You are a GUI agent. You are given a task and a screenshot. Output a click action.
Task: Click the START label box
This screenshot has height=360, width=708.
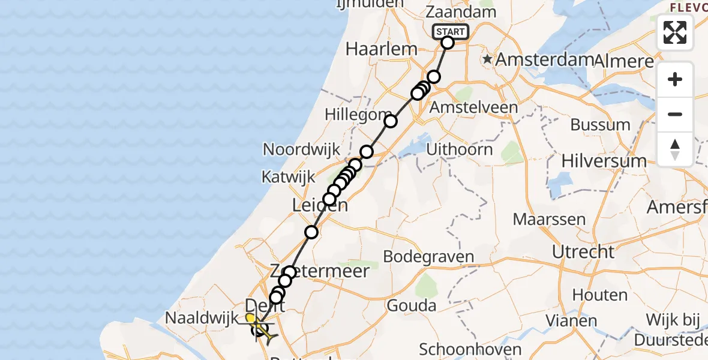[x=450, y=32]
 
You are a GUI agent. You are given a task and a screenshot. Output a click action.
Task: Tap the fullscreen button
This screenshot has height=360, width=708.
[x=675, y=32]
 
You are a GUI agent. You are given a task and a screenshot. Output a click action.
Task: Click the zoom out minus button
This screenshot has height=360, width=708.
[x=675, y=114]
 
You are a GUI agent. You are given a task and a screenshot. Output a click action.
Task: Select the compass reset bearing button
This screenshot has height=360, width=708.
[x=675, y=149]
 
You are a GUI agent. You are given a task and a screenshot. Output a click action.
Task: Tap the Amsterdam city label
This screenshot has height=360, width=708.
[x=544, y=60]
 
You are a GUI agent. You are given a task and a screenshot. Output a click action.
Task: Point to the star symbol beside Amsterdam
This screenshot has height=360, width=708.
[x=488, y=60]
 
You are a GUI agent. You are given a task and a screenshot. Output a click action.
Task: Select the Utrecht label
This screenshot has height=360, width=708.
[x=584, y=251]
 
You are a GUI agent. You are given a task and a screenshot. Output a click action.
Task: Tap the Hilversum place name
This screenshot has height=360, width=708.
[x=604, y=161]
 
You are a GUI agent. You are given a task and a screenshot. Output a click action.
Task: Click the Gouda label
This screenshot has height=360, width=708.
[x=412, y=305]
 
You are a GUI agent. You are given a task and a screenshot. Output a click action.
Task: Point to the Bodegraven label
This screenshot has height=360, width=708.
[x=428, y=257]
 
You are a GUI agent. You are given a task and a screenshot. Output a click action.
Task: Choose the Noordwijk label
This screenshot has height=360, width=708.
[x=301, y=149]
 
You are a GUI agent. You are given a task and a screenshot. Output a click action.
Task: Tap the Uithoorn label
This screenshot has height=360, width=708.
[x=460, y=149]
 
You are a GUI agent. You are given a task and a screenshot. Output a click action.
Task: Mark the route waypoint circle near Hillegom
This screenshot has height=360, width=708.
[x=391, y=121]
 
